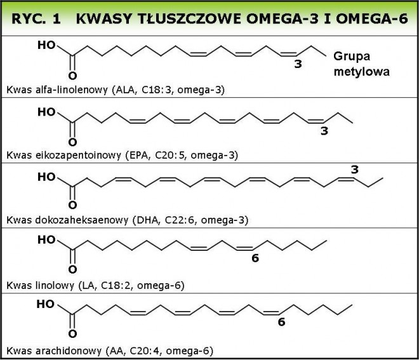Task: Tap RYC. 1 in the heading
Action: (x=36, y=19)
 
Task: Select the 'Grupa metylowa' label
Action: (x=362, y=64)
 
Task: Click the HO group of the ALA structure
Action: (x=46, y=45)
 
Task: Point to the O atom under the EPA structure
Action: (x=72, y=142)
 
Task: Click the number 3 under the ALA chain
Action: (x=298, y=64)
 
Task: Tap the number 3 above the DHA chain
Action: (x=355, y=170)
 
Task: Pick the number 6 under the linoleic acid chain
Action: (x=255, y=258)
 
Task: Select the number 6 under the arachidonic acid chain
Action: (x=281, y=322)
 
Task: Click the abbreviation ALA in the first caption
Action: (x=124, y=90)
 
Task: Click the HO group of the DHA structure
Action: (x=46, y=177)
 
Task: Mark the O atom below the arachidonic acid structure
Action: (x=72, y=334)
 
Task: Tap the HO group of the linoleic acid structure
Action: (x=46, y=240)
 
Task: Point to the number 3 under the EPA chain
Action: (x=324, y=131)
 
